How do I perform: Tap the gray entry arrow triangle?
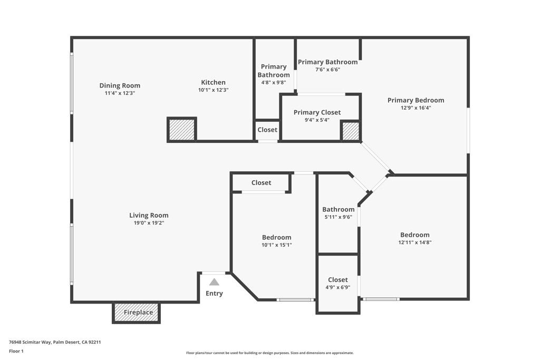point(214,282)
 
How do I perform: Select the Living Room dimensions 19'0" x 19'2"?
point(149,223)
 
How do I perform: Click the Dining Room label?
point(120,85)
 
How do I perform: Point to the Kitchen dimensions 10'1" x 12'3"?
point(213,90)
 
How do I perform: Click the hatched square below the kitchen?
point(182,130)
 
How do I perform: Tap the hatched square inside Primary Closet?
point(351,131)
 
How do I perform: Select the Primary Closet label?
point(317,112)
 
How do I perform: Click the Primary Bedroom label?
point(416,100)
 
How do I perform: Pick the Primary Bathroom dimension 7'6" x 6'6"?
point(327,70)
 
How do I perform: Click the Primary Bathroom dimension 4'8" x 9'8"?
point(274,83)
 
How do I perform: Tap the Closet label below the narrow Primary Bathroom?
point(267,130)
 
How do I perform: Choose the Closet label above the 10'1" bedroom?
point(261,183)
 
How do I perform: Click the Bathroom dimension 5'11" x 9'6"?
point(339,217)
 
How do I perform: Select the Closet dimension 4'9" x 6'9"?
point(337,287)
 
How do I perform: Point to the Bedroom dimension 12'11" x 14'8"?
point(414,242)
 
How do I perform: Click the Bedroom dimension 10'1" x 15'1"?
point(276,245)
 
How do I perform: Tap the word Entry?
point(214,294)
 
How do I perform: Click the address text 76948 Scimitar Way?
point(30,342)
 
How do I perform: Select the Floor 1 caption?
point(16,351)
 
